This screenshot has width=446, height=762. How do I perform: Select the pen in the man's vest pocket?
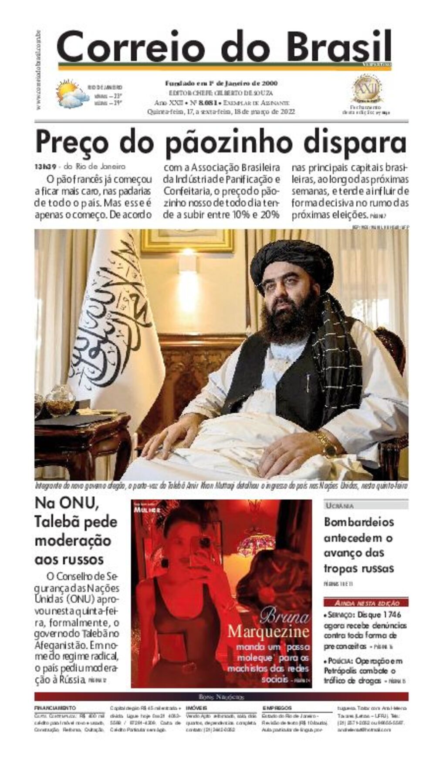(x=309, y=382)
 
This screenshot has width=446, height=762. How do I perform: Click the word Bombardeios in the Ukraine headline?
(x=359, y=522)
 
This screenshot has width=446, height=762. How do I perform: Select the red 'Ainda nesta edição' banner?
(x=366, y=603)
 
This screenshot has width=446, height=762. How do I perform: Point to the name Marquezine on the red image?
(x=268, y=631)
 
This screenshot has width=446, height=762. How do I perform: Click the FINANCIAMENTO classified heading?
(x=55, y=708)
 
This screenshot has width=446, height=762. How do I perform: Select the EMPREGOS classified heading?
(x=277, y=708)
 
